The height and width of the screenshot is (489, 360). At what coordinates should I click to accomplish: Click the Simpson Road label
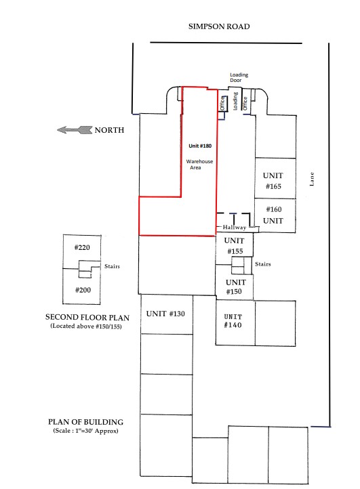219,26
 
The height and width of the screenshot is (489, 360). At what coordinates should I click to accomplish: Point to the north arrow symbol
75,130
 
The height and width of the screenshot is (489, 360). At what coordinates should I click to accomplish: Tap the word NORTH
109,130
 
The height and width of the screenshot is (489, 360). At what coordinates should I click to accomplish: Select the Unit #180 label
200,146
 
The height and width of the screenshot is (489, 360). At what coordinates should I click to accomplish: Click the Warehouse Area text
199,165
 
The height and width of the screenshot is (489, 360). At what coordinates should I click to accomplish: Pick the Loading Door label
239,77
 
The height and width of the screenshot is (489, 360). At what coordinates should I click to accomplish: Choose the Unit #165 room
275,178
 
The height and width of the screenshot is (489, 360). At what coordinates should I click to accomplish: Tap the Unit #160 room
275,215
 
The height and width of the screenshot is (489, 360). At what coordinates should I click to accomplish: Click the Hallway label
235,228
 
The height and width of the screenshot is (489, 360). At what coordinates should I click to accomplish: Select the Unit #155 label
234,246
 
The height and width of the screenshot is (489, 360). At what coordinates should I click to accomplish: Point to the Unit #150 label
235,286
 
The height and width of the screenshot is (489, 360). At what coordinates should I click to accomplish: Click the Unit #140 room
235,322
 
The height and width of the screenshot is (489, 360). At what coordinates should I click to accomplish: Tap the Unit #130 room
167,314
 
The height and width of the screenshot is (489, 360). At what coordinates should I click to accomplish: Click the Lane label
312,179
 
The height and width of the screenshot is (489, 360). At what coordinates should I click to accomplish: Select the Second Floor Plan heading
87,318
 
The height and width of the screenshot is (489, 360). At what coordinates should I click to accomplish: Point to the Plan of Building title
85,422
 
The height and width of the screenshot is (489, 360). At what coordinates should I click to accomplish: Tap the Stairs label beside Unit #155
263,264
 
